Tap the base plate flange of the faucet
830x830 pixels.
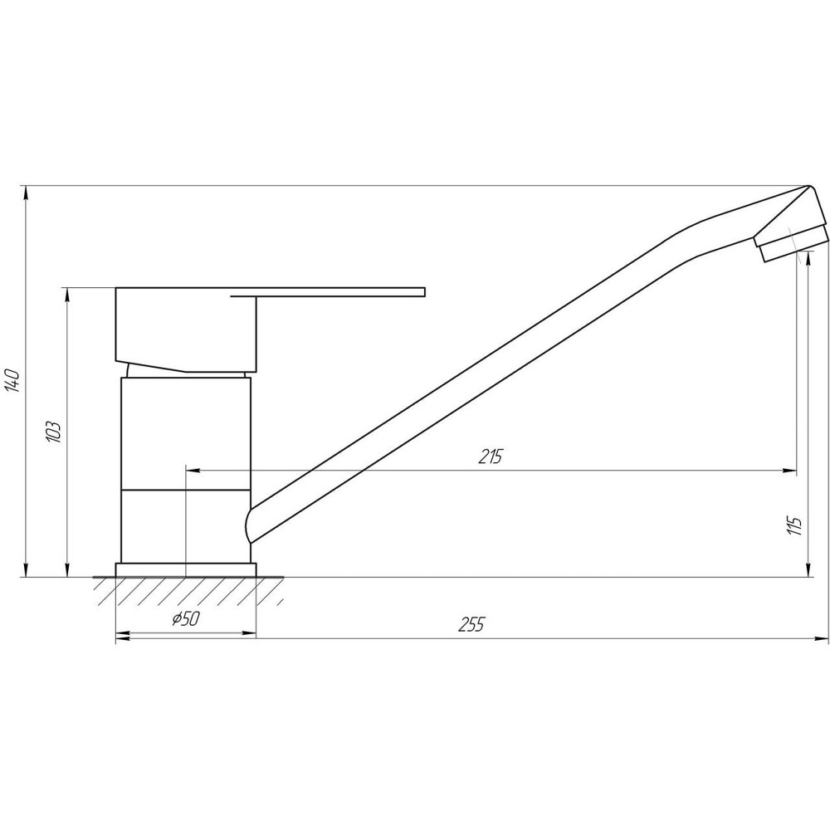click(x=186, y=569)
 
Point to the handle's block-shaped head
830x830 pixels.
click(x=187, y=328)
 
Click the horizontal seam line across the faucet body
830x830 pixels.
click(x=186, y=490)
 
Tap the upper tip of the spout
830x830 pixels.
click(x=809, y=187)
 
